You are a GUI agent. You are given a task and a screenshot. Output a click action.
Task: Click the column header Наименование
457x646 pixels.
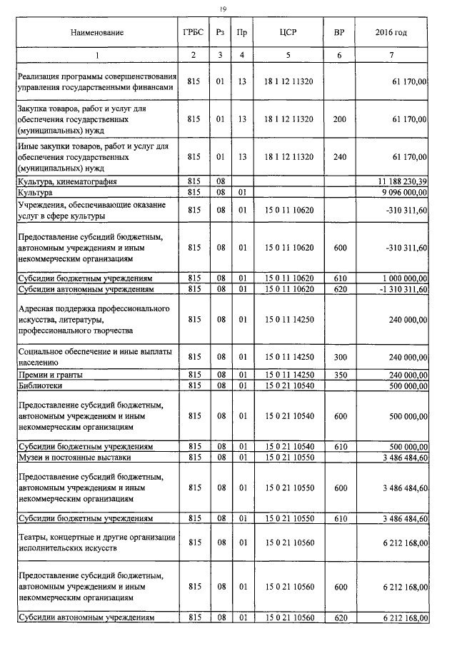tap(98, 33)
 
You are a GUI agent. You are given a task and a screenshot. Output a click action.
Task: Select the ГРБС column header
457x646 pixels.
tap(193, 33)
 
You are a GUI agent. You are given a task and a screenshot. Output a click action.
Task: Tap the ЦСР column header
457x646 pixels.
tap(288, 33)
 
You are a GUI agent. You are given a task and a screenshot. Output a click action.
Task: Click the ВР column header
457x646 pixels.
tap(338, 33)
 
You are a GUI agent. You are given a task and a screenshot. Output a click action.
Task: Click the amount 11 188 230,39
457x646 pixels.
tap(398, 182)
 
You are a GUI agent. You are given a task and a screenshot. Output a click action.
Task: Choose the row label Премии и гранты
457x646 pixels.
tap(49, 375)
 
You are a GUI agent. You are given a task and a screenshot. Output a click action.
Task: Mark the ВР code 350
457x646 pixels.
tap(338, 375)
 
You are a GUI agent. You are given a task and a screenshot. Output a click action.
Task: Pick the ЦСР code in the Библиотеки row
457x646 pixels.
tap(288, 385)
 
